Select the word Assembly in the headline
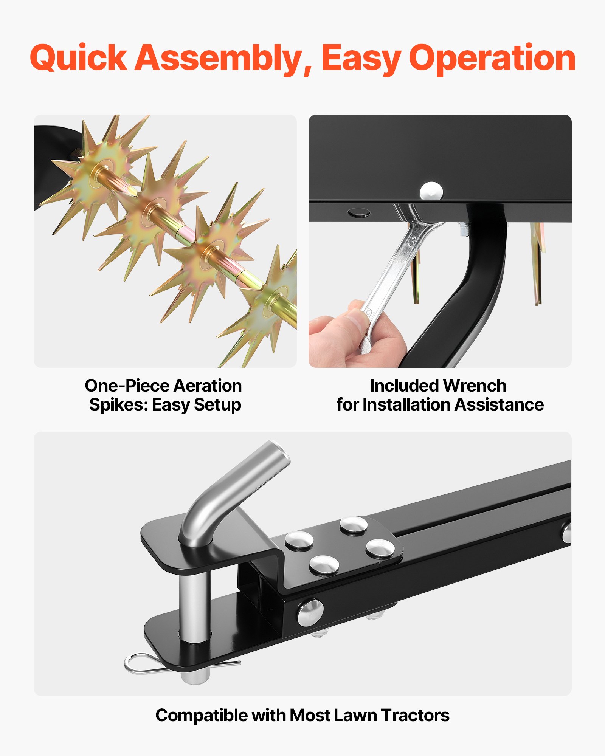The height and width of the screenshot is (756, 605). (223, 59)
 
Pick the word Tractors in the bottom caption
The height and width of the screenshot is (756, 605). (415, 716)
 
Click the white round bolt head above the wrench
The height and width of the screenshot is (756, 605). (431, 191)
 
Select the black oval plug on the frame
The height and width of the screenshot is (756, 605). (358, 213)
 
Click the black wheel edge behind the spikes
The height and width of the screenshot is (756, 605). (53, 163)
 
